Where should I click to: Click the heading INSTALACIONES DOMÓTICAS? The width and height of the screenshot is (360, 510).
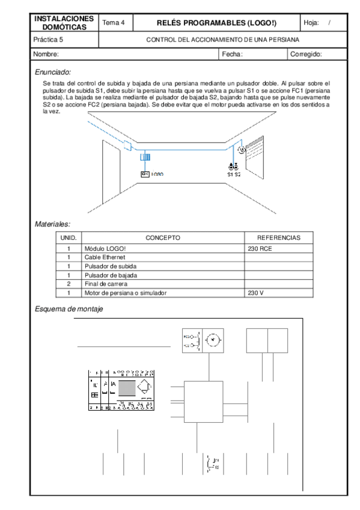click(x=64, y=23)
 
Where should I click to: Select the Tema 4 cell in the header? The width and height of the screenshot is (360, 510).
click(x=114, y=23)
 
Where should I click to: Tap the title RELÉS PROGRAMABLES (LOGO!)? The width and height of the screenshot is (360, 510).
click(x=216, y=23)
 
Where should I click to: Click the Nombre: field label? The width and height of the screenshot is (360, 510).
click(x=46, y=54)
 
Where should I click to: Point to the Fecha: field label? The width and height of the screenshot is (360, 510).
click(x=232, y=54)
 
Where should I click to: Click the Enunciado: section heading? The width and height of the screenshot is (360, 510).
click(x=53, y=72)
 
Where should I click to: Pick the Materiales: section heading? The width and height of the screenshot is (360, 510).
click(x=52, y=224)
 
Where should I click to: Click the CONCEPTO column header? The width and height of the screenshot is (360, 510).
click(x=162, y=238)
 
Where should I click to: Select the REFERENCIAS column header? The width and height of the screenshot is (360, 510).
click(x=278, y=238)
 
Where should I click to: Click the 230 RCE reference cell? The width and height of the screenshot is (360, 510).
click(x=260, y=248)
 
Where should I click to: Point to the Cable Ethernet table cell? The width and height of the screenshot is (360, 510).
click(x=105, y=257)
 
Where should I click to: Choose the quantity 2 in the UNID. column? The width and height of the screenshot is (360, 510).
click(x=69, y=284)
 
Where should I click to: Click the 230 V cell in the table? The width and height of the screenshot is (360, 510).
click(x=255, y=293)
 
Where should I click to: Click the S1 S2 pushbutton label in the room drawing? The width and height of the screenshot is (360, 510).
click(x=234, y=174)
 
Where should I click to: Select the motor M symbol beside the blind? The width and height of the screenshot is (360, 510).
click(x=243, y=150)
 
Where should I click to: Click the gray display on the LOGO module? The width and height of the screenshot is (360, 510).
click(x=127, y=387)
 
